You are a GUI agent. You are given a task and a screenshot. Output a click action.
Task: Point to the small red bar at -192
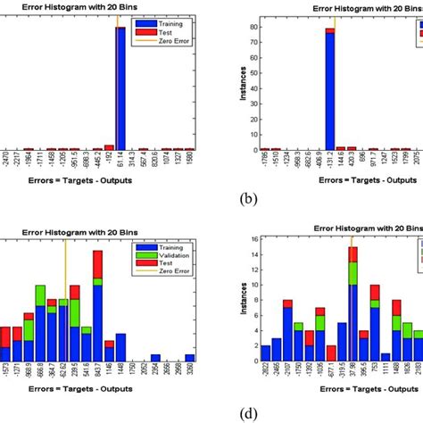coord(109,147)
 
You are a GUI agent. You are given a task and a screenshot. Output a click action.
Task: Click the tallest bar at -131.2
coord(329,89)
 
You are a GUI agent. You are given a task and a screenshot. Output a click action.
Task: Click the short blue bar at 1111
coord(386,358)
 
